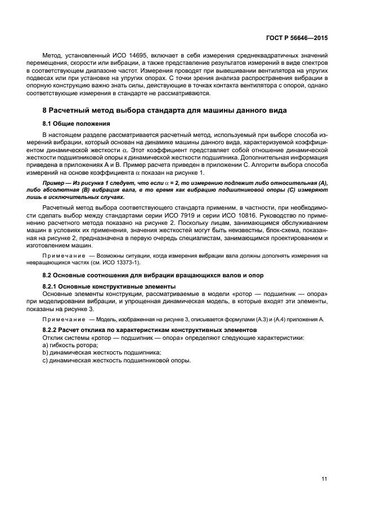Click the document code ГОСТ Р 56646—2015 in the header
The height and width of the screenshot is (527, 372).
299,37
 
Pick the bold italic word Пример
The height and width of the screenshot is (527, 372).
54,184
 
